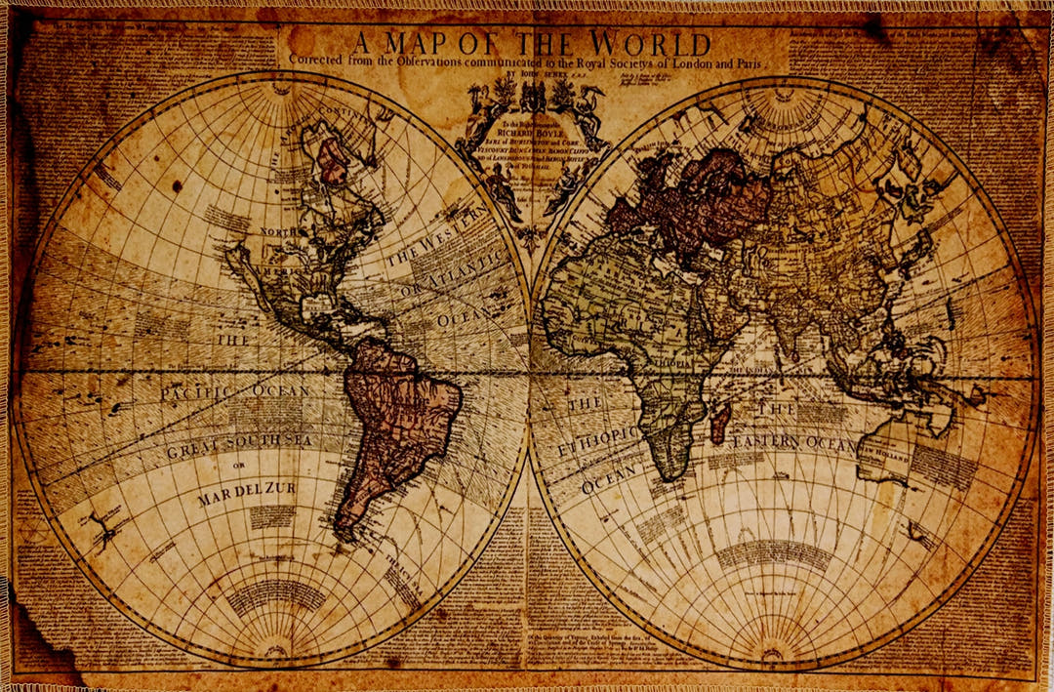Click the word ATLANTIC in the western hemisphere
(x=466, y=270)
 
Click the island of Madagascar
(x=719, y=425)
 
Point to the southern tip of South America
(x=342, y=536)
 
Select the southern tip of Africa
(x=669, y=476)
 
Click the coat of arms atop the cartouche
(x=532, y=98)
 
